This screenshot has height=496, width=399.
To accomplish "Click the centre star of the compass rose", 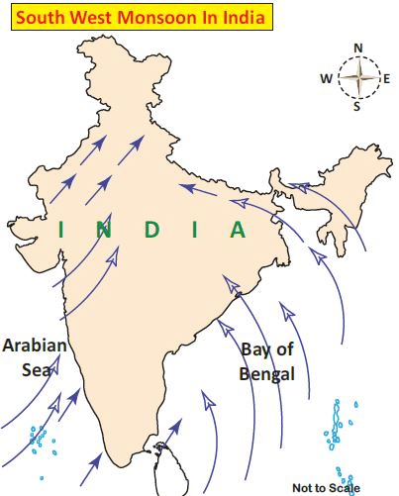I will (x=357, y=77).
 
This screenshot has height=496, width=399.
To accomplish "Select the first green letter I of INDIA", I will (x=61, y=230).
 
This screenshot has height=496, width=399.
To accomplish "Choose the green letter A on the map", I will (x=238, y=230).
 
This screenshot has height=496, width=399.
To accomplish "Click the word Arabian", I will (x=35, y=347).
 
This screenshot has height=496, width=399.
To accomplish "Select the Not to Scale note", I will (x=327, y=487).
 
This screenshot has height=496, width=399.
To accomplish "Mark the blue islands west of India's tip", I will (x=41, y=437).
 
